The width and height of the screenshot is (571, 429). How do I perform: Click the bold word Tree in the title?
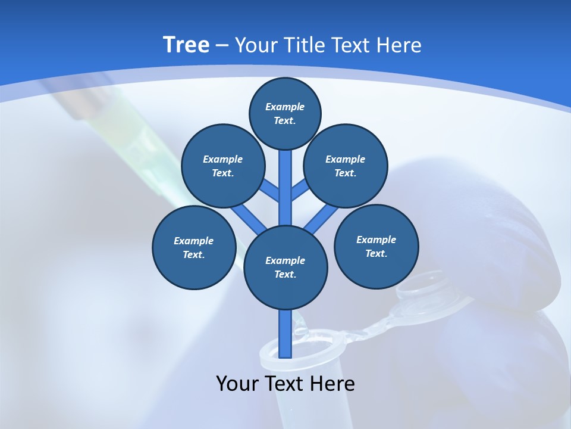(x=186, y=45)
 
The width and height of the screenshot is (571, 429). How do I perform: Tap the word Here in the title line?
(x=399, y=45)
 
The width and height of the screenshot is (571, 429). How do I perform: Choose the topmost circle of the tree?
(x=285, y=113)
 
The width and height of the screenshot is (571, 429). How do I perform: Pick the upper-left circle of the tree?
(x=222, y=166)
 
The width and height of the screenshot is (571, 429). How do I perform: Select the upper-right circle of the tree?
(x=346, y=166)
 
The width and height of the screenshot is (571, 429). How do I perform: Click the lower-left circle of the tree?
(x=194, y=247)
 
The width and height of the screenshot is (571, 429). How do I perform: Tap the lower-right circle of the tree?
(x=377, y=246)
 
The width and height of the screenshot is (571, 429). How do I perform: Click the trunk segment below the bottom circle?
(x=285, y=334)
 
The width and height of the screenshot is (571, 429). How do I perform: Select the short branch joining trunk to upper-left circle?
(x=271, y=191)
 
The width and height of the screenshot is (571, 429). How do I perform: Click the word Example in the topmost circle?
(x=285, y=107)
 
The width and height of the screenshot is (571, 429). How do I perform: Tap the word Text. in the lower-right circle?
(x=376, y=253)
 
